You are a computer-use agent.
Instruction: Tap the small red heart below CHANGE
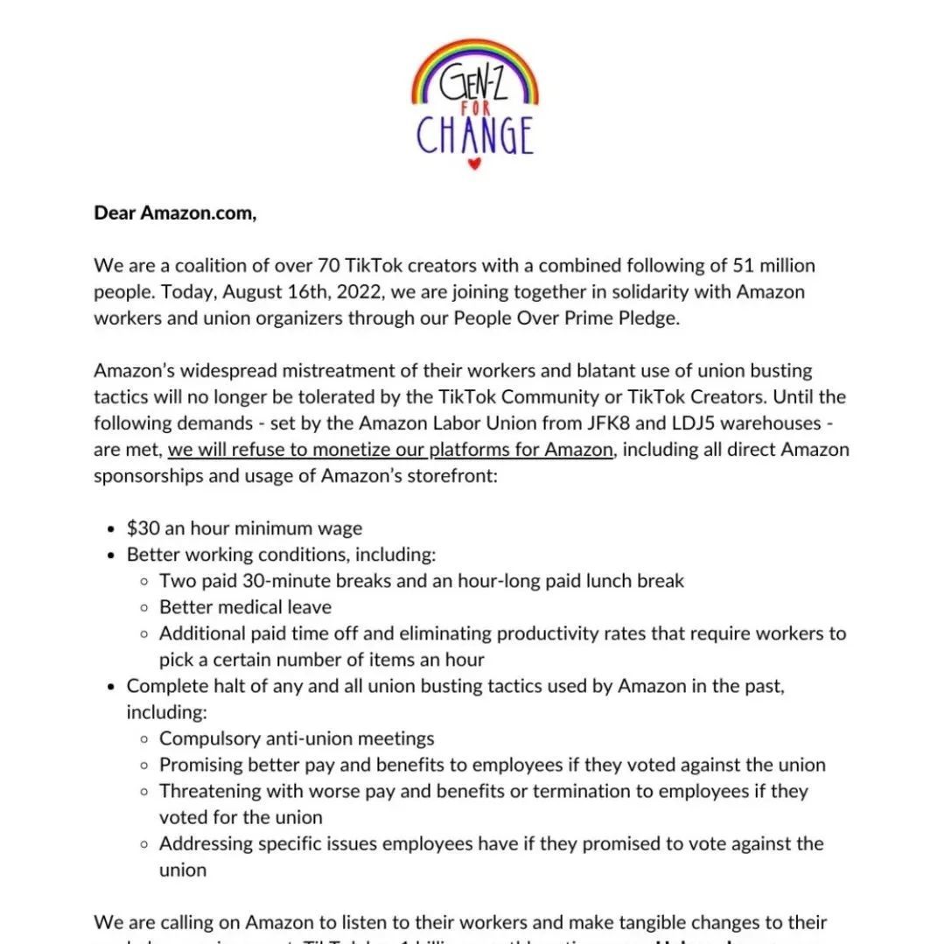(473, 164)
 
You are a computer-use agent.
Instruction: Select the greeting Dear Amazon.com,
(175, 213)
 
